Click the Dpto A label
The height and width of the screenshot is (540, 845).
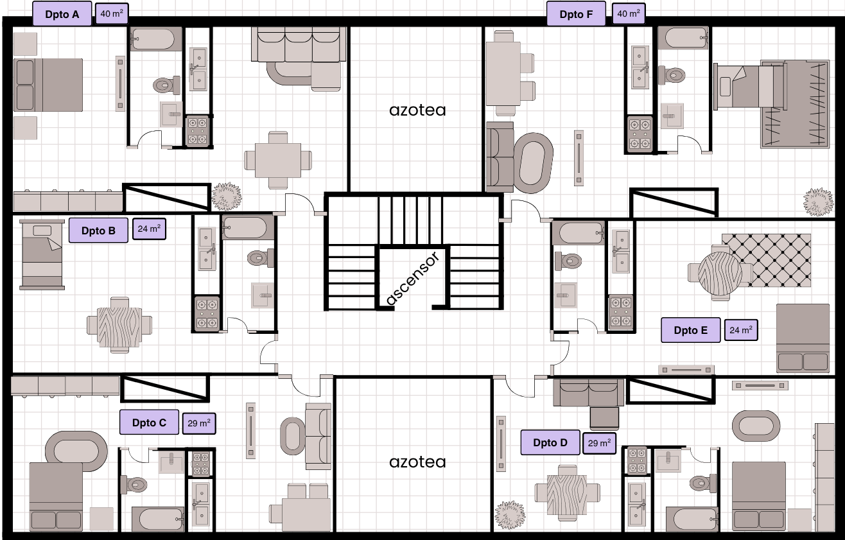pyautogui.click(x=62, y=14)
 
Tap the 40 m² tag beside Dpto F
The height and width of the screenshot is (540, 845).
pyautogui.click(x=629, y=13)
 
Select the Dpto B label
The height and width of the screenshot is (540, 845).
pyautogui.click(x=98, y=230)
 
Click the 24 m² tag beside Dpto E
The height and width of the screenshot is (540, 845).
pyautogui.click(x=741, y=330)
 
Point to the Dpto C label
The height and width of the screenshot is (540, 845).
pyautogui.click(x=150, y=422)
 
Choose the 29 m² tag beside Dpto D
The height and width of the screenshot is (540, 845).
pyautogui.click(x=599, y=443)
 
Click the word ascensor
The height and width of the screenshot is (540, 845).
pyautogui.click(x=414, y=279)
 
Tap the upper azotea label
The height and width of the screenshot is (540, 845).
pyautogui.click(x=417, y=110)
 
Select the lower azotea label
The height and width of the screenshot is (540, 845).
pyautogui.click(x=417, y=462)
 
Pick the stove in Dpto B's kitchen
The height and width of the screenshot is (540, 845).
pyautogui.click(x=207, y=313)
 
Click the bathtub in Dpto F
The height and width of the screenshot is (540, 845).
pyautogui.click(x=683, y=38)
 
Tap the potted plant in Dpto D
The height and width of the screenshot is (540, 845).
pyautogui.click(x=510, y=515)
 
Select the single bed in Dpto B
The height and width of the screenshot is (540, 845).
pyautogui.click(x=42, y=254)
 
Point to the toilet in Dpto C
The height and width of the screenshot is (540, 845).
pyautogui.click(x=134, y=484)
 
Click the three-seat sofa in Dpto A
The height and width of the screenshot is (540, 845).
pyautogui.click(x=299, y=44)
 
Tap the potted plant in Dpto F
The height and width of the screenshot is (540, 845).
pyautogui.click(x=818, y=202)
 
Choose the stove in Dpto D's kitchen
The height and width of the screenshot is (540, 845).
pyautogui.click(x=637, y=460)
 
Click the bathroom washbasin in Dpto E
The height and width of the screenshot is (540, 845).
pyautogui.click(x=565, y=295)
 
